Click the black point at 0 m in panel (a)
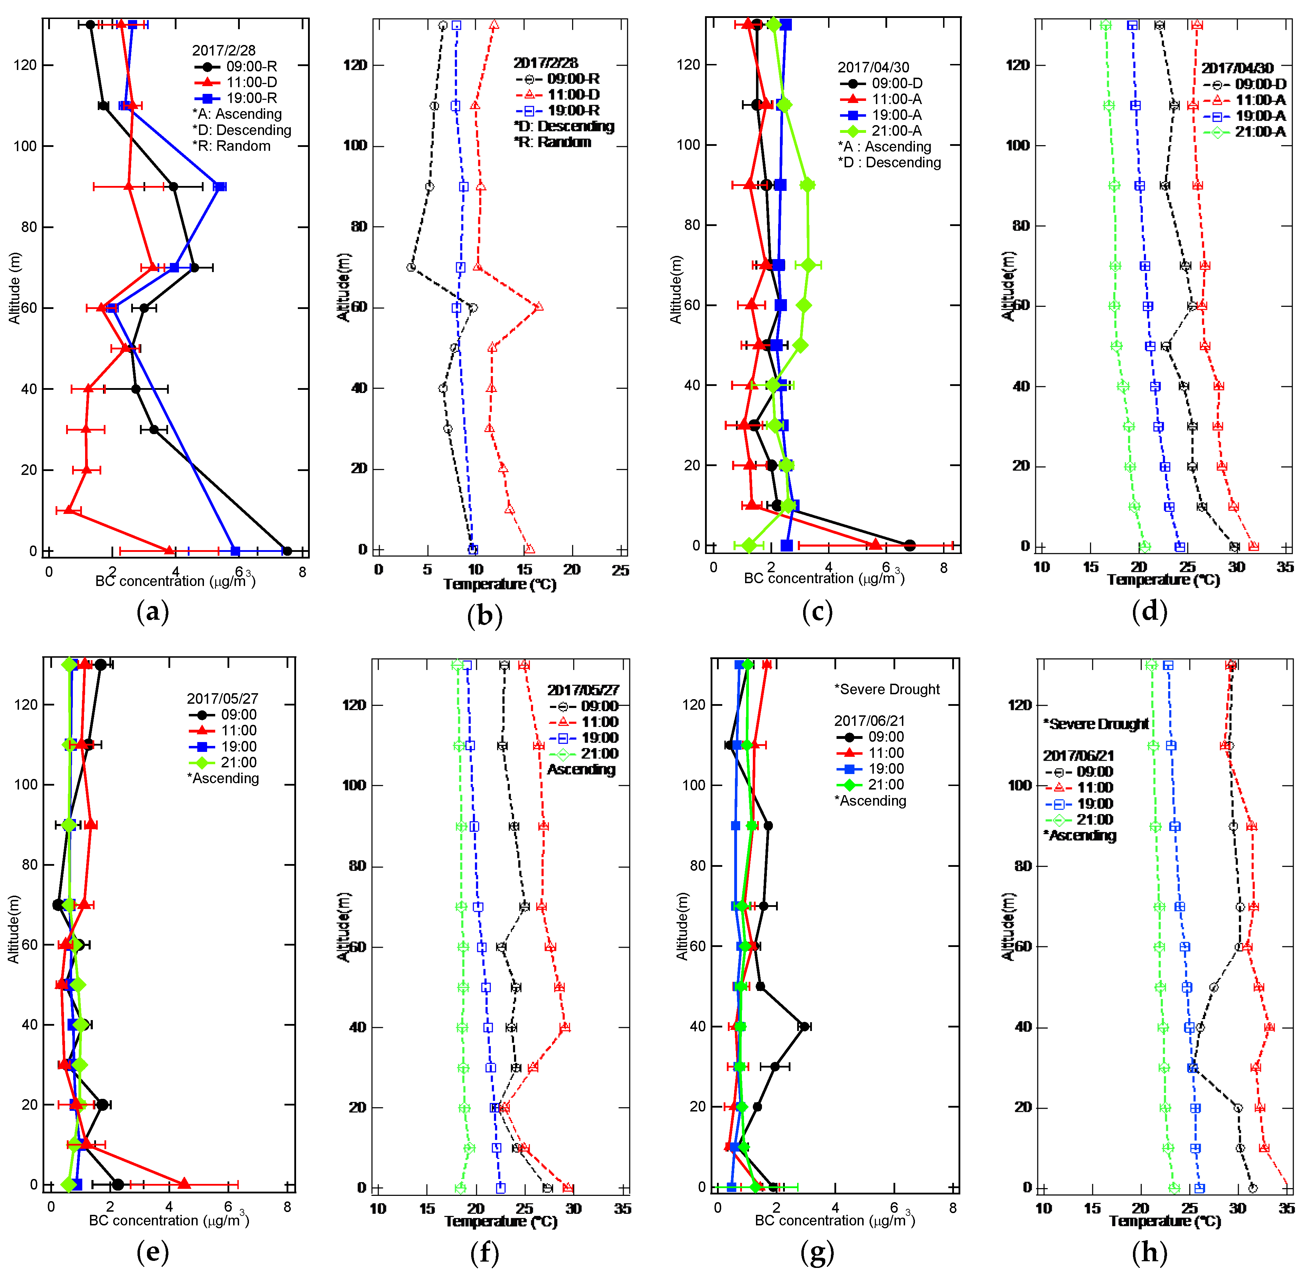[287, 551]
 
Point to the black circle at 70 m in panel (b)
[411, 267]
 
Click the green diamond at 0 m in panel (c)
[749, 546]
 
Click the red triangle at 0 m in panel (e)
[184, 1183]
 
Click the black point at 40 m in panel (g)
[803, 1026]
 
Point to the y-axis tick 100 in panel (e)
[25, 784]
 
